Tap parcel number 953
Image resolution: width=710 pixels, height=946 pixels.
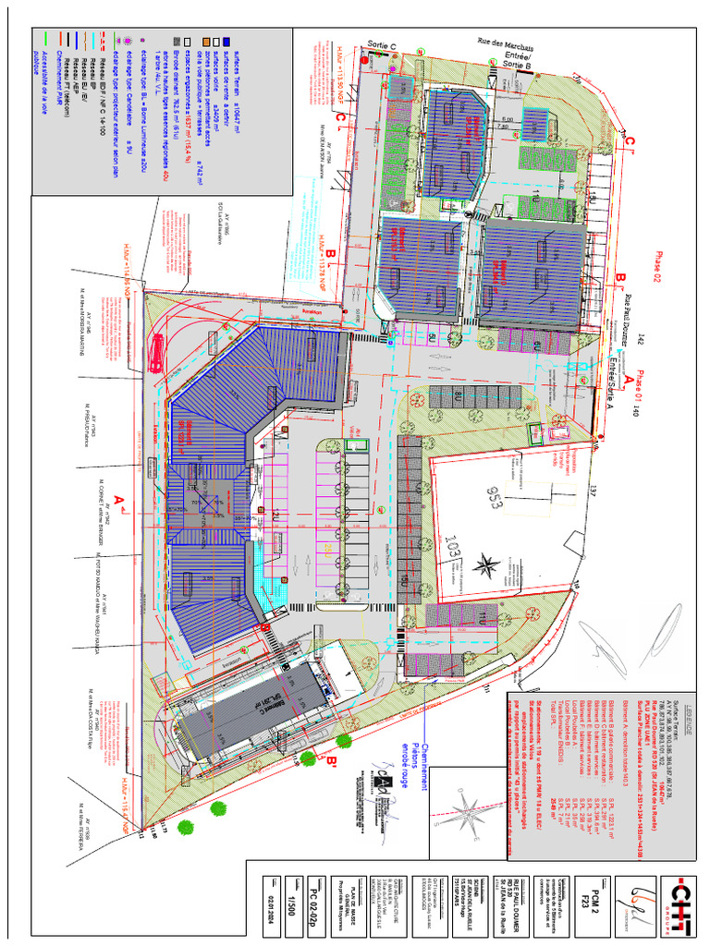[x=499, y=500]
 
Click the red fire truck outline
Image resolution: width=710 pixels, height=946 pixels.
[x=157, y=352]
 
